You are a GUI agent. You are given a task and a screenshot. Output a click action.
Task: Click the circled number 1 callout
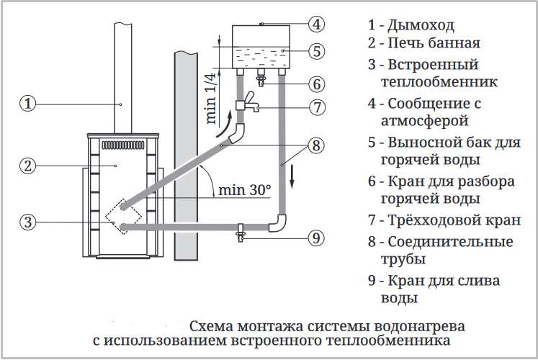(28, 103)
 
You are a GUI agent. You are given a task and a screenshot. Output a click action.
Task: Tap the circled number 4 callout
(316, 24)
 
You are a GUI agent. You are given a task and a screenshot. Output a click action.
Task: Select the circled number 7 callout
(317, 107)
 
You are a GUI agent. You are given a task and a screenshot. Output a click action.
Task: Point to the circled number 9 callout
(316, 238)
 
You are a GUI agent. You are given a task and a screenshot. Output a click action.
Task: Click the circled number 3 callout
(28, 222)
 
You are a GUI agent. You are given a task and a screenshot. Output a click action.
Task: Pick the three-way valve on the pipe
(246, 102)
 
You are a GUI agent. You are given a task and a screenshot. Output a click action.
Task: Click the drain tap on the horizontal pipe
(241, 233)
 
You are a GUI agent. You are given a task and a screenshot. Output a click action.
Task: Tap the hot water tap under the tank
(261, 78)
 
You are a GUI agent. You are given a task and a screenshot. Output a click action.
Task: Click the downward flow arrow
(292, 176)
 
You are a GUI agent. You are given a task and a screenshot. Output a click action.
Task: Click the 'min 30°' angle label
(244, 190)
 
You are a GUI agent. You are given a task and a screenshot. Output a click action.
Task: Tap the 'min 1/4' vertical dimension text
(211, 99)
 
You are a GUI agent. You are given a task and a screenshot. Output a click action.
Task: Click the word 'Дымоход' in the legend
(421, 25)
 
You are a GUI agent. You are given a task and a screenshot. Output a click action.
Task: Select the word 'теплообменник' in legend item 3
(439, 82)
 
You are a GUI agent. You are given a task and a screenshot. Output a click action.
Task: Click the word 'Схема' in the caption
(211, 326)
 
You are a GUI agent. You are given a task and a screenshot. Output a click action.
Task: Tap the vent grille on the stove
(123, 145)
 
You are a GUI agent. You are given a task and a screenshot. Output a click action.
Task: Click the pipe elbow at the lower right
(277, 223)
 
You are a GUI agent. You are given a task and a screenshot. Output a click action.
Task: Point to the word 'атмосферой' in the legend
(425, 121)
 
